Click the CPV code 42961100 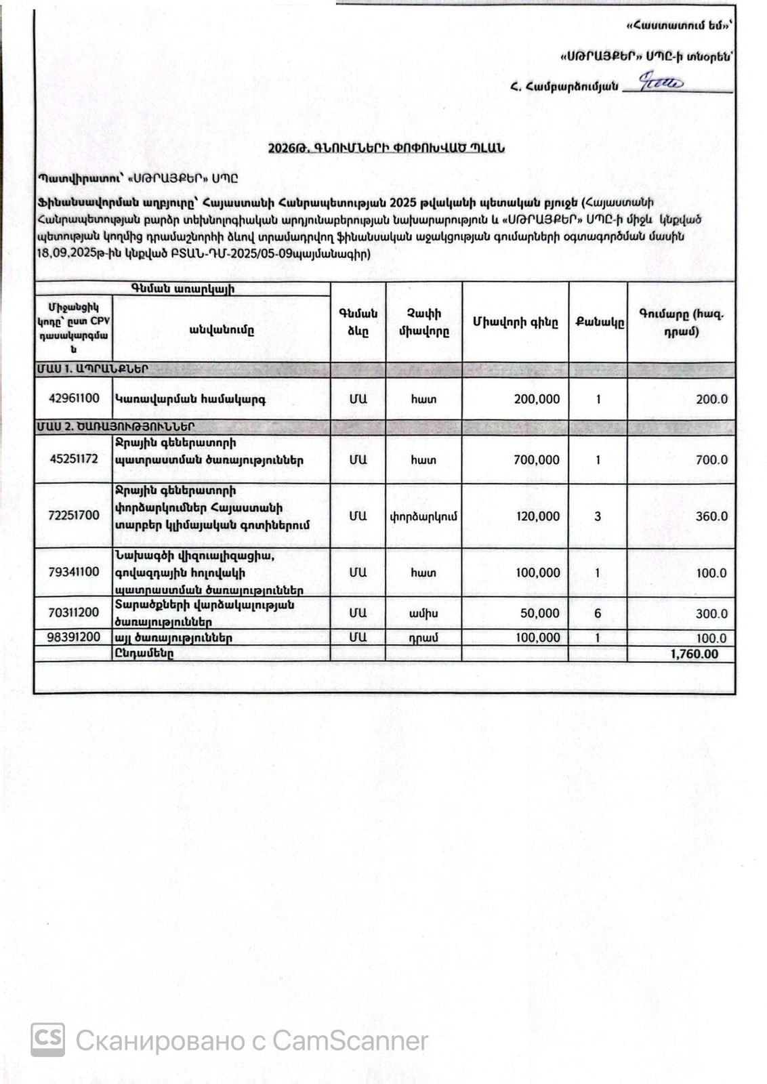[x=74, y=399]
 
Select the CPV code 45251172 [x=74, y=459]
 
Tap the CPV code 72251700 [x=74, y=516]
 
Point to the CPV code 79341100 [x=74, y=572]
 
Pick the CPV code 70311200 [x=74, y=612]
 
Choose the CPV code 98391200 [x=74, y=638]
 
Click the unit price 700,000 [x=537, y=460]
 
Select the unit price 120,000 [x=538, y=516]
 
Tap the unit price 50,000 [x=540, y=613]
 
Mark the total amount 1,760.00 [x=694, y=654]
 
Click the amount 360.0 [x=711, y=516]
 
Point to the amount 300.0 [x=711, y=614]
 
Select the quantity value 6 [x=598, y=613]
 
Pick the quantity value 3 [x=598, y=516]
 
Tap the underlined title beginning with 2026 [x=386, y=148]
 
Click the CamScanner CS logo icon [x=48, y=1039]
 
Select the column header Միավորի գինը [x=516, y=323]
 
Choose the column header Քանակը [x=599, y=323]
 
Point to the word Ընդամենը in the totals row [x=144, y=654]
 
